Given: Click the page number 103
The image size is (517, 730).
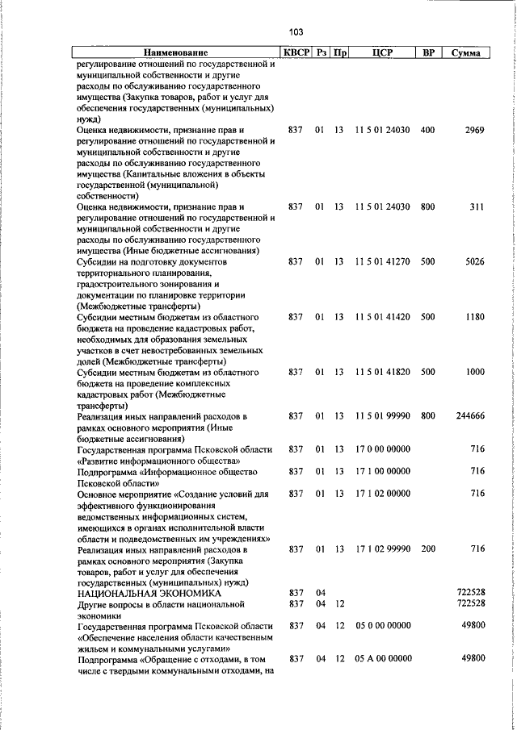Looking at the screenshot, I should (x=295, y=33).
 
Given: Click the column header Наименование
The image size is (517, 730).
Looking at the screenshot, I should (x=177, y=53).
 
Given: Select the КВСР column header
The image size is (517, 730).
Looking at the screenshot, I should (x=295, y=53).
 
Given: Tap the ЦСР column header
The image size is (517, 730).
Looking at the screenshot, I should (x=382, y=53).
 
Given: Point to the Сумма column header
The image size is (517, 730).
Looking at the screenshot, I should (x=466, y=53).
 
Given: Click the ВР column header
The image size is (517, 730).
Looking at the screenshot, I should (x=428, y=53).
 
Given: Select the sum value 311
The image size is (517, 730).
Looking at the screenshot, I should (x=477, y=207).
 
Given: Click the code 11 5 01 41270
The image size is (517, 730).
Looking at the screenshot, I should (x=382, y=262).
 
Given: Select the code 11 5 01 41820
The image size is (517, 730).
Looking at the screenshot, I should (x=382, y=373).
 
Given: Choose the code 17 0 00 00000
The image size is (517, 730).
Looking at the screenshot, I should (x=382, y=449).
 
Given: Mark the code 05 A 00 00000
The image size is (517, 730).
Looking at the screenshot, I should (x=382, y=659).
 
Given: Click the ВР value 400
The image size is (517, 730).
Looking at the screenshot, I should (x=428, y=129).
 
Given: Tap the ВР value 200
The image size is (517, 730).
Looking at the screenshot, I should (x=428, y=549).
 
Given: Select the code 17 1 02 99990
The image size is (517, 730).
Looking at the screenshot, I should (x=382, y=549).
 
